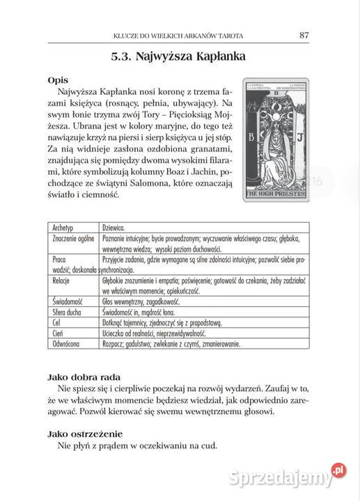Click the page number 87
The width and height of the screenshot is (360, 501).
[304, 35]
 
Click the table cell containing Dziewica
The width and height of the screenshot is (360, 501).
[114, 227]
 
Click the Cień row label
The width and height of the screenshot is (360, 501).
[61, 333]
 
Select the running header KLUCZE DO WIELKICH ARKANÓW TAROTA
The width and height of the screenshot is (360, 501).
[191, 35]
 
